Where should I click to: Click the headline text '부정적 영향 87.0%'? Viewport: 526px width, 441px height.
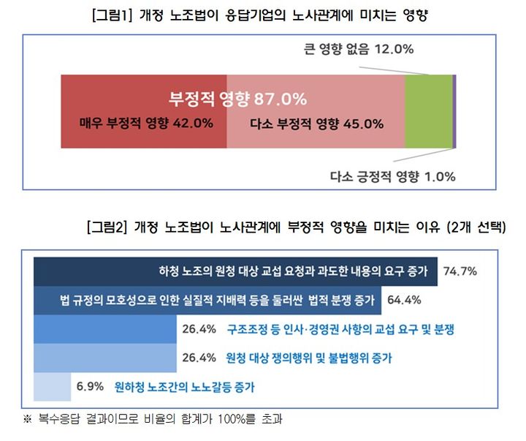click(237, 98)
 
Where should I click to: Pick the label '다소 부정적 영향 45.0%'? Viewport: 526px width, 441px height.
click(316, 124)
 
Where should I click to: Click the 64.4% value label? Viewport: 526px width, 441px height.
click(403, 300)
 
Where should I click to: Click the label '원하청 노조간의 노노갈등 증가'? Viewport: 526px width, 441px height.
click(182, 385)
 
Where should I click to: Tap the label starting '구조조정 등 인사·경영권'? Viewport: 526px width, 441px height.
click(341, 329)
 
